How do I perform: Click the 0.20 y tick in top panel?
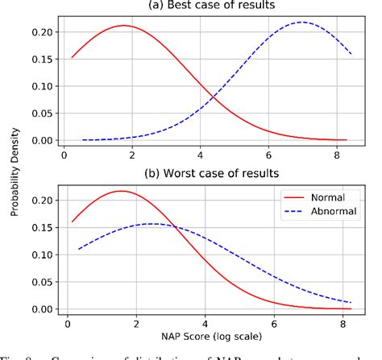point(44,32)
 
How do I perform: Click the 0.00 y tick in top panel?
point(44,140)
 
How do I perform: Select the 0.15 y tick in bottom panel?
point(44,228)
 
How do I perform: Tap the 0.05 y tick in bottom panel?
point(44,282)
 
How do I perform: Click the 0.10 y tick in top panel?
point(44,86)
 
